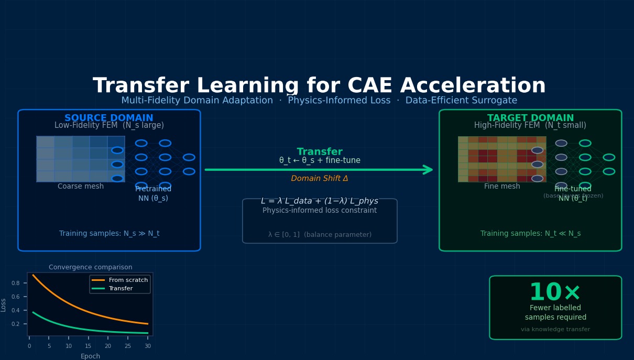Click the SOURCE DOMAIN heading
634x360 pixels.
(109, 118)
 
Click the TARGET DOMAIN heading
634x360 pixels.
(530, 118)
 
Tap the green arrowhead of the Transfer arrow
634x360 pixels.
(428, 170)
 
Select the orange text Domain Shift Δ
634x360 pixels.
(320, 179)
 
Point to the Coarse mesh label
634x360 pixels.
(81, 187)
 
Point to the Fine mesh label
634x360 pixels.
(502, 187)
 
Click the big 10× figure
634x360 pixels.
(555, 293)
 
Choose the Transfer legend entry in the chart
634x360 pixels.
(121, 289)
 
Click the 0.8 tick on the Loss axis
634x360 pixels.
(15, 283)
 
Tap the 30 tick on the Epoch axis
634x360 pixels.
(148, 346)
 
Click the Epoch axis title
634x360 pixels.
(90, 356)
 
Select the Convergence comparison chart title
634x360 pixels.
(91, 267)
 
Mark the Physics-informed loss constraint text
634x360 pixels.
(320, 211)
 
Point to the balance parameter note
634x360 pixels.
(320, 235)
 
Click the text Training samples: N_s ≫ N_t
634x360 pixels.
(109, 234)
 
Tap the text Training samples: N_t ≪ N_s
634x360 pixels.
(530, 234)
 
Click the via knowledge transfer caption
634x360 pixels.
(555, 330)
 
